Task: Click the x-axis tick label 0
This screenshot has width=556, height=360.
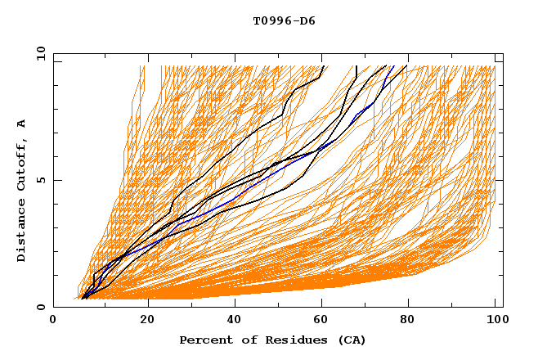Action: [53, 322]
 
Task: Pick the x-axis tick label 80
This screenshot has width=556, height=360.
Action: [407, 322]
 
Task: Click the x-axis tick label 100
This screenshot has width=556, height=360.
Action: [495, 322]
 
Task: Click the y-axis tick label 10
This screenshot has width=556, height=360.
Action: [40, 53]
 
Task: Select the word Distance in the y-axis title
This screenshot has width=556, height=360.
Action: [22, 234]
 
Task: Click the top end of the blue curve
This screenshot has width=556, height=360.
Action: [393, 66]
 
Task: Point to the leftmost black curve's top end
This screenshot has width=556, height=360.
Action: [324, 66]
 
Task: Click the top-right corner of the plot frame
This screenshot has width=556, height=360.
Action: [503, 53]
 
